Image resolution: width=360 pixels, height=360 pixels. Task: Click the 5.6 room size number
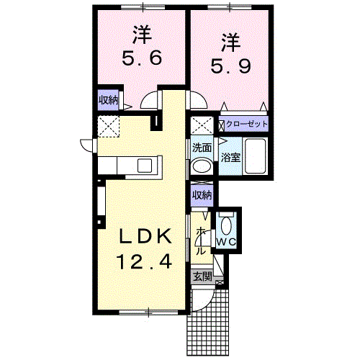pos(142,58)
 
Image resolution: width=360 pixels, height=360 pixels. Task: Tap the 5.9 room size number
pos(230,66)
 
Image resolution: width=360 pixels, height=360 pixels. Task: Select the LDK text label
pos(145,235)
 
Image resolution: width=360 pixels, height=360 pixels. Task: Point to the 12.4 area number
pos(144,261)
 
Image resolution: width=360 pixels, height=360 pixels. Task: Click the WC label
pos(226,242)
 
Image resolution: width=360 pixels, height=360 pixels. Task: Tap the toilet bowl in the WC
pos(226,226)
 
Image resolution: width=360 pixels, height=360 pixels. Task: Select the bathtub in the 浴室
pos(256,156)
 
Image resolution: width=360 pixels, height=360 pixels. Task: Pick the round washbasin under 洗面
pos(202,166)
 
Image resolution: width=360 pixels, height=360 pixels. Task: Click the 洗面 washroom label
pos(202,148)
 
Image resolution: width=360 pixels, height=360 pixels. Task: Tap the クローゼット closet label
pos(246,124)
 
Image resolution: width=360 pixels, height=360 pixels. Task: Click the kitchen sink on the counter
pos(145,166)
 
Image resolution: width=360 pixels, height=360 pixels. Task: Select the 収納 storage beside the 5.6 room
pos(109,100)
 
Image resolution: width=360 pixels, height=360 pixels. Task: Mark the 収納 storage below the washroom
pos(202,195)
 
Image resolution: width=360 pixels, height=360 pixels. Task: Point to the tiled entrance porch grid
pos(207,324)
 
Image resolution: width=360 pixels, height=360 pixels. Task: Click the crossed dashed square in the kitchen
pos(109,127)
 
